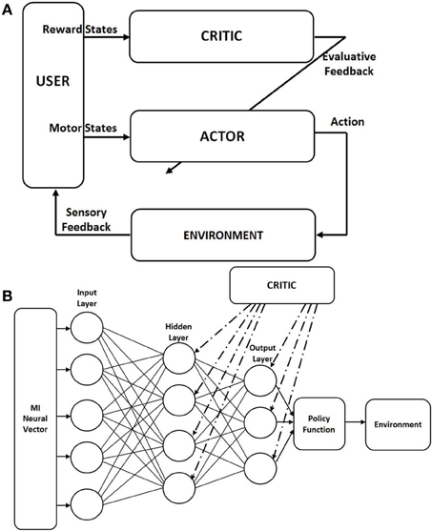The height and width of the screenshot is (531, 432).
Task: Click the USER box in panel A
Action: click(53, 95)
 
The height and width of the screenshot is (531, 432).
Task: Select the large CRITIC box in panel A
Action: click(221, 36)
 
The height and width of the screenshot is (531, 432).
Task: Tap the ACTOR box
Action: click(222, 136)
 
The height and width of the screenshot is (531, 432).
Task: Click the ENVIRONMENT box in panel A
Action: click(223, 235)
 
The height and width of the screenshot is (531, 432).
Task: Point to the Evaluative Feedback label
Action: click(349, 64)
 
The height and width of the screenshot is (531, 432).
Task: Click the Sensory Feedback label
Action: click(86, 219)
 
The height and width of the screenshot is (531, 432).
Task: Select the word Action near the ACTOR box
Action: click(347, 122)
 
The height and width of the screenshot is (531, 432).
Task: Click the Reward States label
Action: click(80, 30)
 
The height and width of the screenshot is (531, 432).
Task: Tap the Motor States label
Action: click(83, 128)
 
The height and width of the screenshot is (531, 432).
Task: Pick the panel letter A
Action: click(7, 10)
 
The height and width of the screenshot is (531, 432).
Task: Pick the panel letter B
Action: click(7, 296)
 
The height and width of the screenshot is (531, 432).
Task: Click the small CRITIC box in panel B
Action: click(282, 285)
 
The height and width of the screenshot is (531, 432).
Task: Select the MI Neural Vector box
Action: click(35, 419)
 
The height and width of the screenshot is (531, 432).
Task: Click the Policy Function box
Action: click(319, 424)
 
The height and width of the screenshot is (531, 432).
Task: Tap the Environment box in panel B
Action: click(398, 424)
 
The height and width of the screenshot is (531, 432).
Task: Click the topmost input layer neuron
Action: click(87, 328)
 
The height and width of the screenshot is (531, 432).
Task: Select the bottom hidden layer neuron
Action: click(179, 487)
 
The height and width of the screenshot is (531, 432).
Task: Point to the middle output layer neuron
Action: click(260, 422)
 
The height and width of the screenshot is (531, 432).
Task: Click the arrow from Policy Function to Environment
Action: click(355, 422)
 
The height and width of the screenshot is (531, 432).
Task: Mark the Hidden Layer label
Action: click(178, 332)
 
